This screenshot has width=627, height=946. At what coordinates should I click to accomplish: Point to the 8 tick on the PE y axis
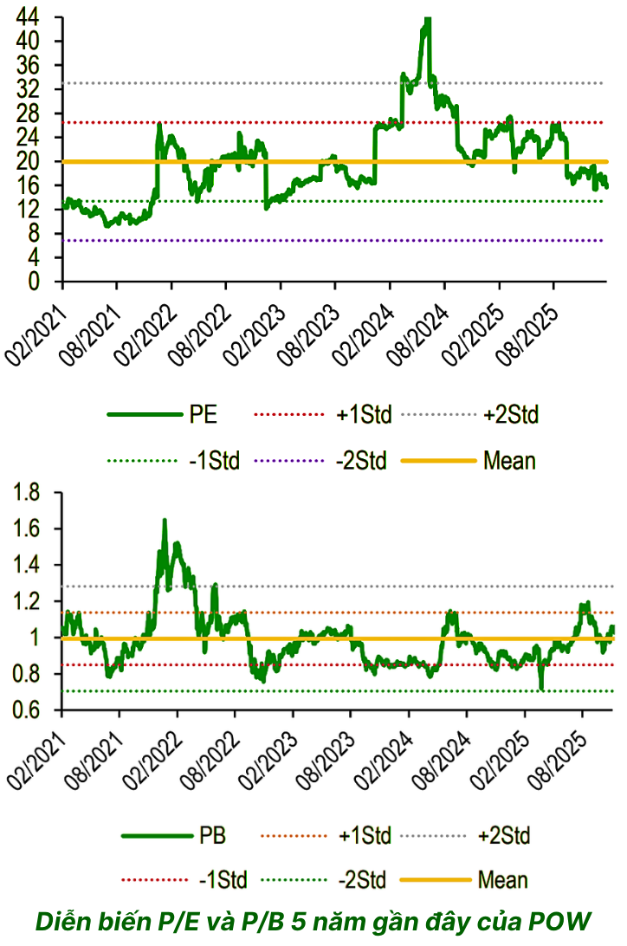[43, 233]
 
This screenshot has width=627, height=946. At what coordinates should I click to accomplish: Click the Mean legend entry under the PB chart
[502, 881]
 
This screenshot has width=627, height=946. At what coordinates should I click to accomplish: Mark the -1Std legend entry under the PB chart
[222, 881]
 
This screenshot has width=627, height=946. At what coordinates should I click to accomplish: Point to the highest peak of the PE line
[426, 19]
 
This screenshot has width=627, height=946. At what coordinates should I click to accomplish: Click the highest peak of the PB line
[165, 520]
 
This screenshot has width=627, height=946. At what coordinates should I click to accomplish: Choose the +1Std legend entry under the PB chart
[364, 836]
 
